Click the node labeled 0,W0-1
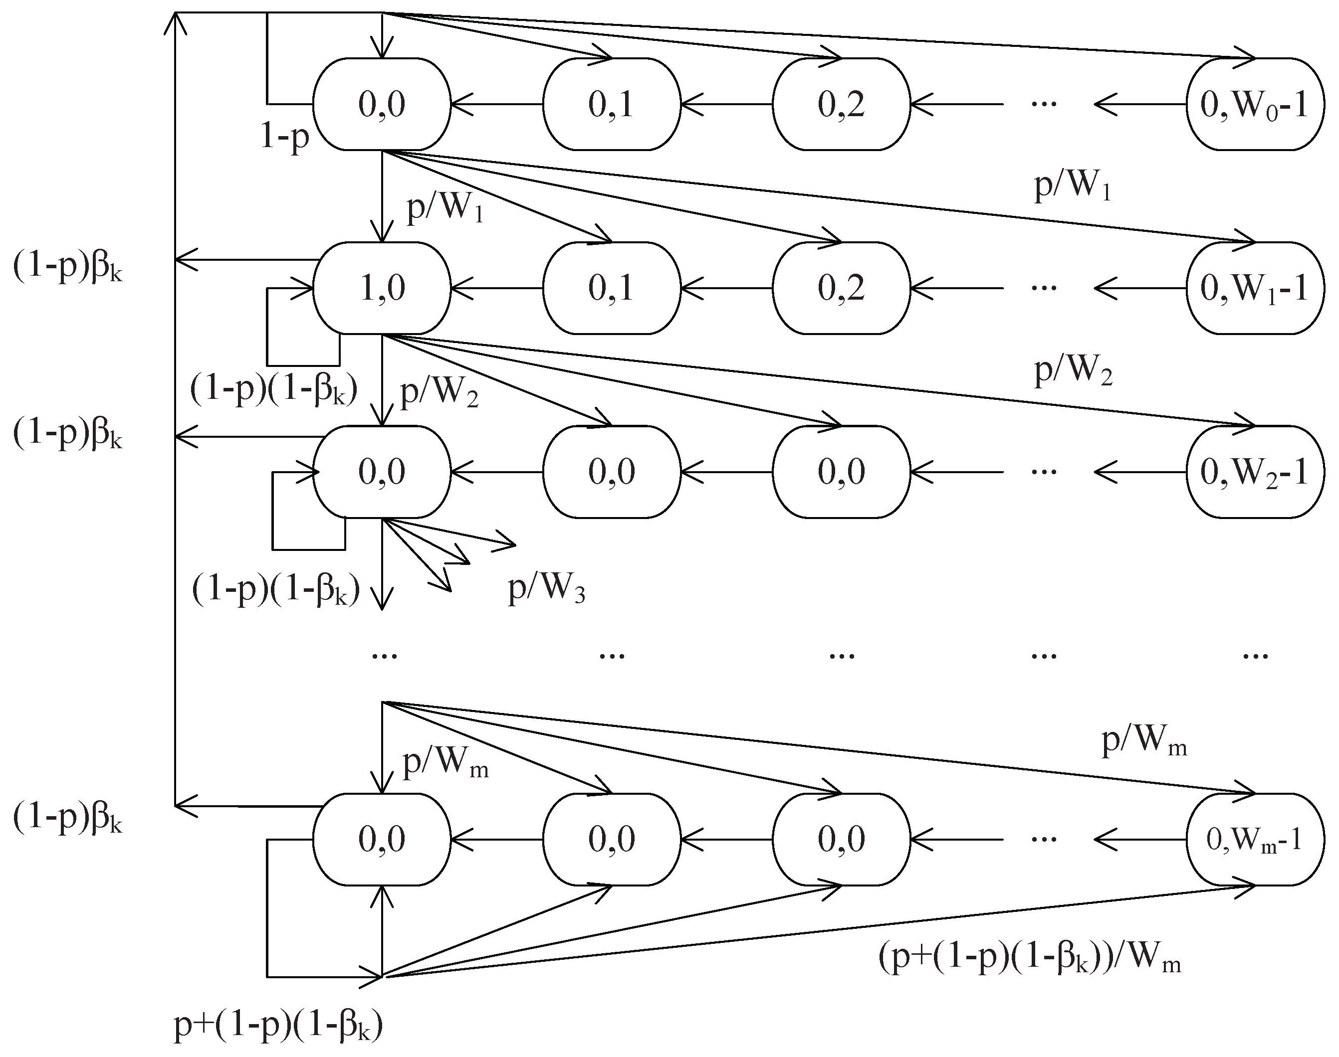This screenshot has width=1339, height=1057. tap(1255, 104)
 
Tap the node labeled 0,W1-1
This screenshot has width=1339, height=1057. tap(1255, 288)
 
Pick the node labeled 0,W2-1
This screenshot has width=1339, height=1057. tap(1255, 472)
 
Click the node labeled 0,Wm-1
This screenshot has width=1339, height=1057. tap(1255, 839)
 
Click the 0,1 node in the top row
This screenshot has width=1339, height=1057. tap(612, 104)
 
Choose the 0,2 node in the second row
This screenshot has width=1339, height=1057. tap(841, 288)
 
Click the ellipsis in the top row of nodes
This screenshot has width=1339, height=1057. tap(1044, 103)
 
